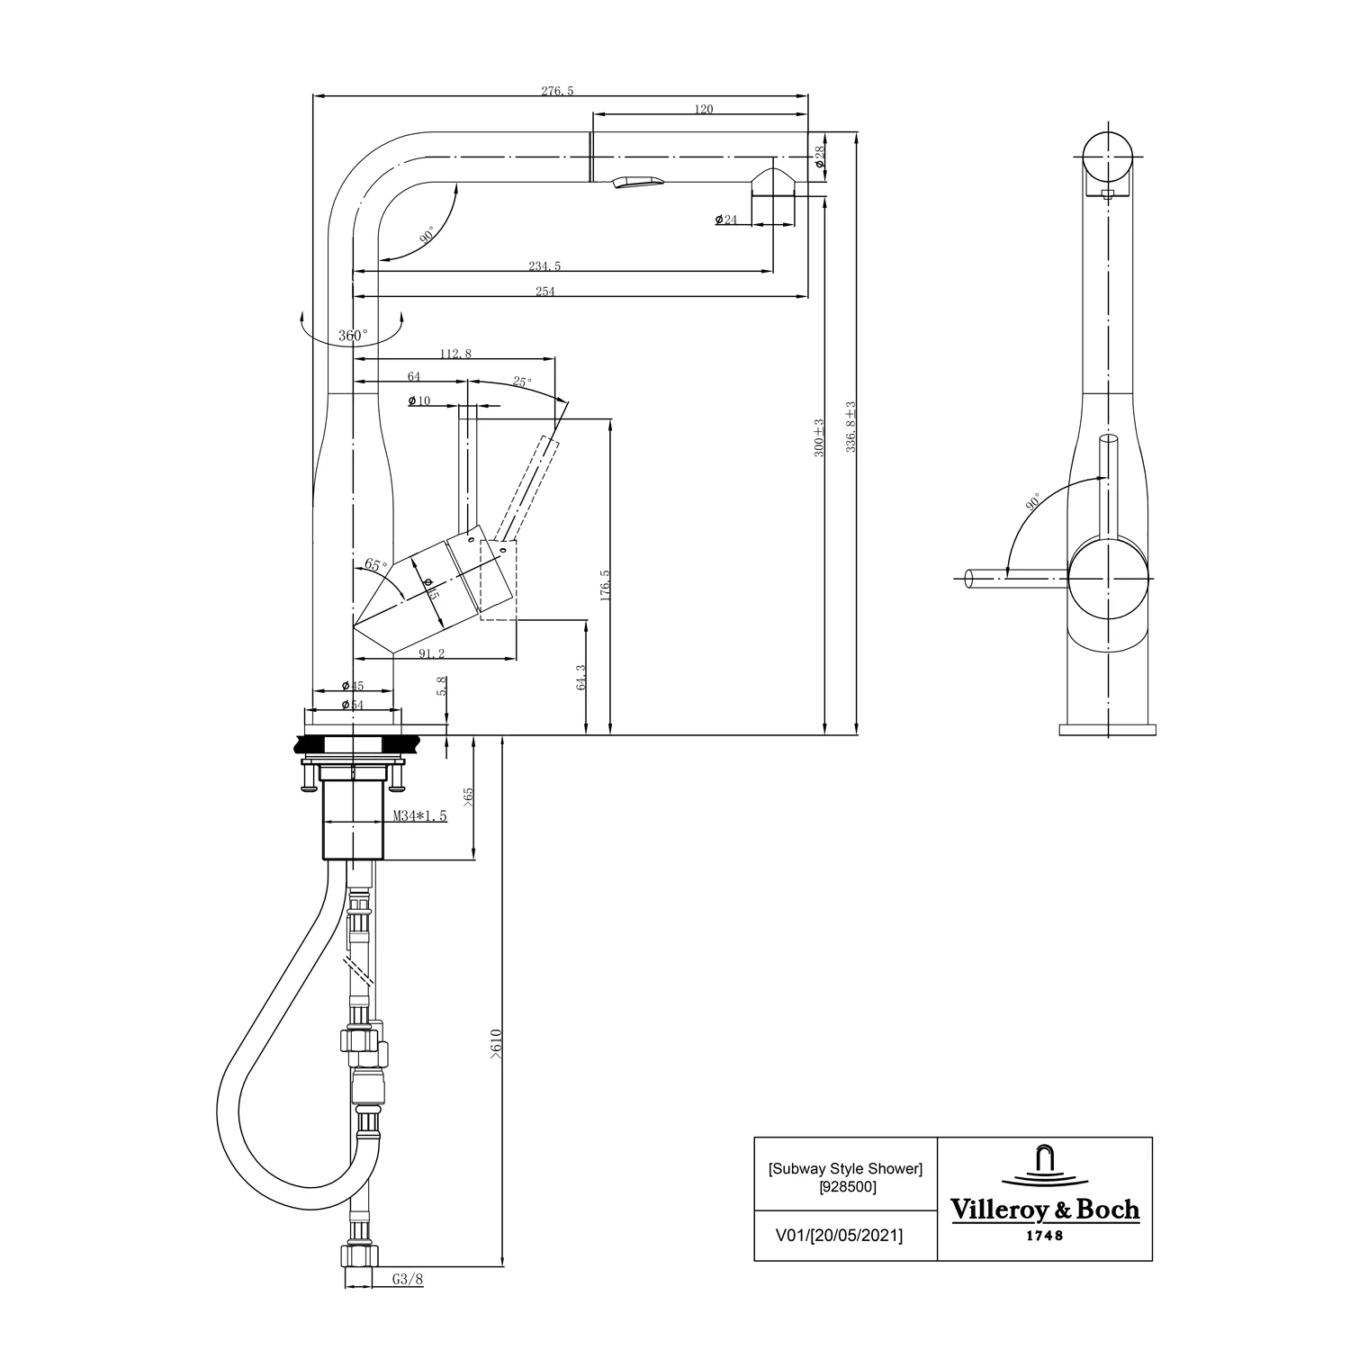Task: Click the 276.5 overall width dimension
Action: (x=557, y=91)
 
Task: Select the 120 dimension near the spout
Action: (x=704, y=109)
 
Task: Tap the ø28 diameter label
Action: (x=820, y=158)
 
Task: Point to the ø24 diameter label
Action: (x=726, y=220)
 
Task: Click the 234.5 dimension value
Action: (x=544, y=265)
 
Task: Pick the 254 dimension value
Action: (x=545, y=291)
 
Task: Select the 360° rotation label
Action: (x=353, y=336)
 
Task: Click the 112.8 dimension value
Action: (x=455, y=354)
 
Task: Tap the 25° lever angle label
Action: (x=522, y=382)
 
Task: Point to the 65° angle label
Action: (x=375, y=565)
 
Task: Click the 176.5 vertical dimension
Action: (x=605, y=585)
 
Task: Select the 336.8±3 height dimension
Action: (x=850, y=427)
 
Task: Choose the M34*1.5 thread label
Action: (x=420, y=816)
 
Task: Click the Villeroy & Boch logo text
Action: (x=1045, y=1210)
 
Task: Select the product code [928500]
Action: (x=846, y=1186)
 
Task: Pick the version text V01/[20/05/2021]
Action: (x=839, y=1236)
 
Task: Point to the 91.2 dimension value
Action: (x=433, y=653)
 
